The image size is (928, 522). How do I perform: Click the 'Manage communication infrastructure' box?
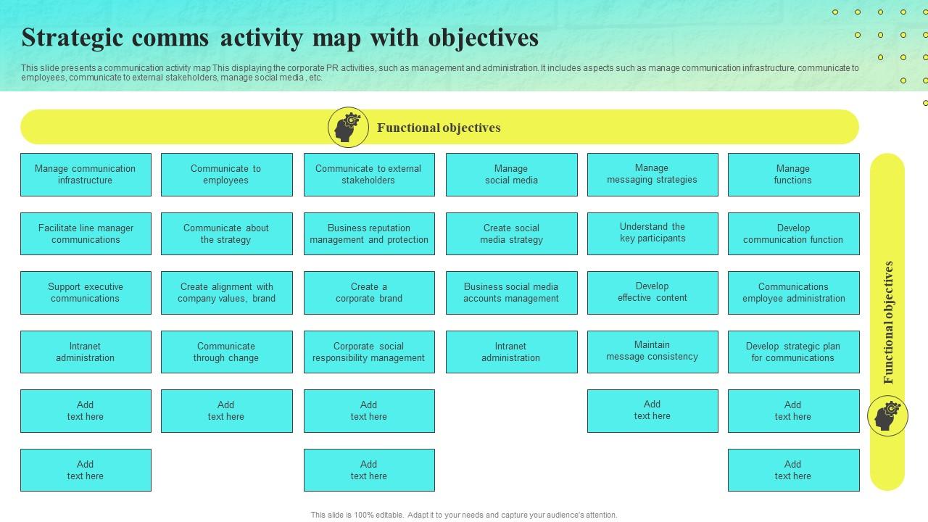point(86,175)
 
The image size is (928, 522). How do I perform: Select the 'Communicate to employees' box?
point(227,175)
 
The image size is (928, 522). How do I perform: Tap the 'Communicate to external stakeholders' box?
point(369,175)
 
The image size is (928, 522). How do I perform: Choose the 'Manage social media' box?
point(512,175)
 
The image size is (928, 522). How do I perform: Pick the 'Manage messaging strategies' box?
point(652,175)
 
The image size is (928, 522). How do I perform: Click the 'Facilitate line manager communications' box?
point(86,233)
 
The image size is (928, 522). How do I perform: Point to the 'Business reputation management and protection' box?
point(369,233)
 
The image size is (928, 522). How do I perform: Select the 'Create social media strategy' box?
point(512,233)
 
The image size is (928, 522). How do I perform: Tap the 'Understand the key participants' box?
point(652,233)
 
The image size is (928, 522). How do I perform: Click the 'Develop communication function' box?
point(794,233)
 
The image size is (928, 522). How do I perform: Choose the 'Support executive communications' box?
point(86,292)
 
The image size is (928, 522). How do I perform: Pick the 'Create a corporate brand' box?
point(369,292)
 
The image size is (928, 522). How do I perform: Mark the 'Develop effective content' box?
point(652,292)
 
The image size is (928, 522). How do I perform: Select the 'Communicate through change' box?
point(227,352)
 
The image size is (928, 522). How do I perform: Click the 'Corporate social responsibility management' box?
point(369,352)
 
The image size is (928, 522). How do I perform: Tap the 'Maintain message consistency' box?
point(652,352)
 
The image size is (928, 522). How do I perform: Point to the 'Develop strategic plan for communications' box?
point(794,352)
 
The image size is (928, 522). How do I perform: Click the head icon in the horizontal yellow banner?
point(348,127)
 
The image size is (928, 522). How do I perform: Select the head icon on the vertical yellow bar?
point(887,415)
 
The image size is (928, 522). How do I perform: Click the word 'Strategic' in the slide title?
point(72,38)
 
